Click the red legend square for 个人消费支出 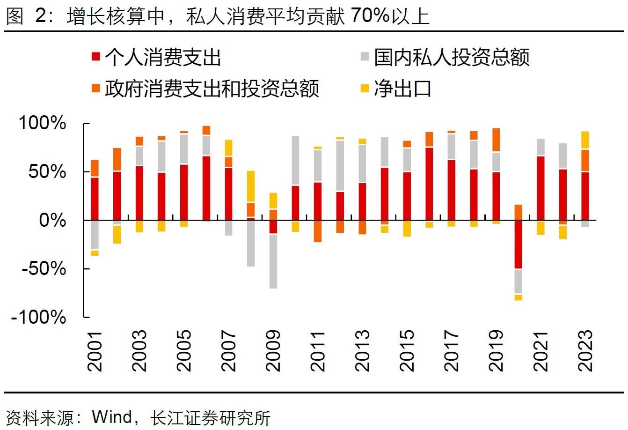96,58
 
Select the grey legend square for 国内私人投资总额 365,58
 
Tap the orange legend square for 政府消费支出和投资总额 96,88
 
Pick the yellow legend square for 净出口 365,88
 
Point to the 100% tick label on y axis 42,124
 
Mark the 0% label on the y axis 52,220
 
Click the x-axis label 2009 273,350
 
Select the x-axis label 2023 585,350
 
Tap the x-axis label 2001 95,350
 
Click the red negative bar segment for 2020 518,244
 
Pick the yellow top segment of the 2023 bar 585,140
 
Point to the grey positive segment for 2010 295,160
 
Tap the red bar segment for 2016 429,184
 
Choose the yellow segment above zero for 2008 251,186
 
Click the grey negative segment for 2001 95,235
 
